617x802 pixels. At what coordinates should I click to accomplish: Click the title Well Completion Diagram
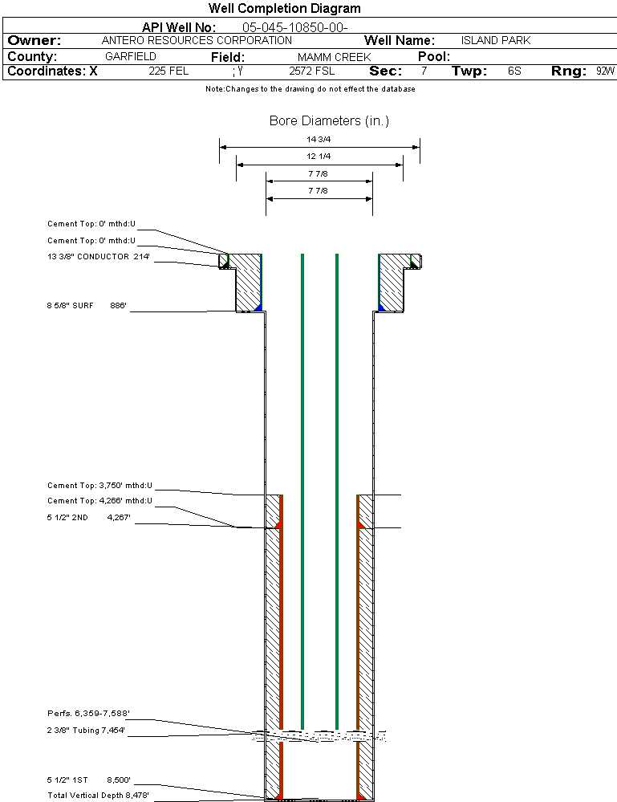pos(284,9)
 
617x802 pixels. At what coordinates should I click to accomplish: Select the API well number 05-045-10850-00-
pos(288,27)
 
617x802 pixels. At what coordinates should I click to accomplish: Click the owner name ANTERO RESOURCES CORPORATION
pos(197,40)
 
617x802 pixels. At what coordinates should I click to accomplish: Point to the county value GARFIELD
pos(131,57)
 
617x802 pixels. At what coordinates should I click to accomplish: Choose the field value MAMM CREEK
pos(334,57)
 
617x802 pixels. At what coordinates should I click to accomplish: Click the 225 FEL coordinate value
pos(168,71)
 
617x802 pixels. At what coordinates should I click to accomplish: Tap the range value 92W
pos(605,71)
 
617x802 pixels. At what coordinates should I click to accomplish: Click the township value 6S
pos(514,71)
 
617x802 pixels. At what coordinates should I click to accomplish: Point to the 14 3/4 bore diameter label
pos(319,139)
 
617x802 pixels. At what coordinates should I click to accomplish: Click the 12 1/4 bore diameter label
pos(319,156)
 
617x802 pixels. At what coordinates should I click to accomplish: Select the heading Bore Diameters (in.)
pos(329,121)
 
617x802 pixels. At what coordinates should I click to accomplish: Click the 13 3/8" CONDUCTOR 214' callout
pos(99,257)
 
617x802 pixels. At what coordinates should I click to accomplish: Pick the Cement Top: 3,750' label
pos(99,486)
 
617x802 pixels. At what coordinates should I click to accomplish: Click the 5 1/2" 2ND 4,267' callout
pos(88,519)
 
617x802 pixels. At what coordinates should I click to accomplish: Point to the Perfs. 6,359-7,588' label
pos(88,713)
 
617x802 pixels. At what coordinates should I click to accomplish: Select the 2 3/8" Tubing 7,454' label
pos(86,731)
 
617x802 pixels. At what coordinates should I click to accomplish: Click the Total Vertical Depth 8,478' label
pos(98,795)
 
